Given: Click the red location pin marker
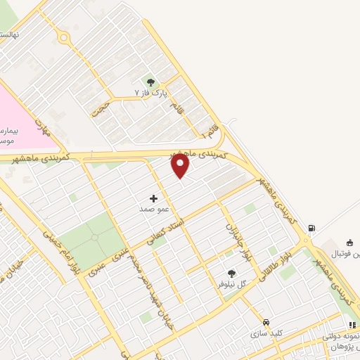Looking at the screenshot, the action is pyautogui.click(x=181, y=165).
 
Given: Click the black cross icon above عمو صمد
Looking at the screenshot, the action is pyautogui.click(x=154, y=199).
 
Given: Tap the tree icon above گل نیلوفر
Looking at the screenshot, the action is pyautogui.click(x=232, y=274).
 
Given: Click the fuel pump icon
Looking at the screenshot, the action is pyautogui.click(x=311, y=228).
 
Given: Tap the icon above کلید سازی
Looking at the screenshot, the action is pyautogui.click(x=265, y=323).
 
